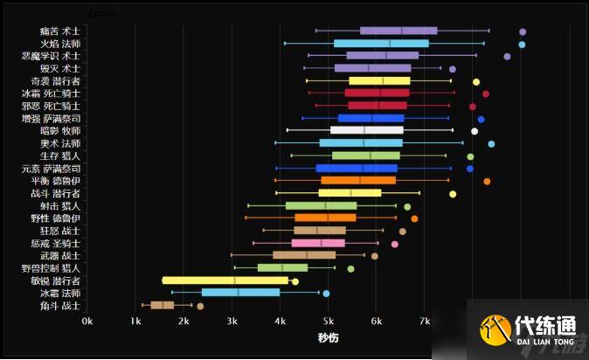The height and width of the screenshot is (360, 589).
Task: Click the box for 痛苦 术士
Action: (x=398, y=31)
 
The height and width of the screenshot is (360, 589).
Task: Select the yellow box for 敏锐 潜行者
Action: (x=225, y=280)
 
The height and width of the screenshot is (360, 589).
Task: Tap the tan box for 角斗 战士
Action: (x=163, y=305)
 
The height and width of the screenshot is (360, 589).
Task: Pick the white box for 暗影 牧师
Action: (x=366, y=130)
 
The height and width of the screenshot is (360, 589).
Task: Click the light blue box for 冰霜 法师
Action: (x=240, y=293)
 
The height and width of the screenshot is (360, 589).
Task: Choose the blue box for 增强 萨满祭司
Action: (x=371, y=118)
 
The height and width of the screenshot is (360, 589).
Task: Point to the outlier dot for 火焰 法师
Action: (x=522, y=44)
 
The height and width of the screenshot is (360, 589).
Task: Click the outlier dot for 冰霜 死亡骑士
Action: (x=486, y=93)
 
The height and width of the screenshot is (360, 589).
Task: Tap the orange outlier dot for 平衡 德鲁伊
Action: (x=487, y=181)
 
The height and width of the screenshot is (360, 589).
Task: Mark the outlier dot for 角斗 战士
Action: (x=200, y=306)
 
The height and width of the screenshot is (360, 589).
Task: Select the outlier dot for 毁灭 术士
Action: (x=452, y=69)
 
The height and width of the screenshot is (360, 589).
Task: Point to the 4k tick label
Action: (x=280, y=322)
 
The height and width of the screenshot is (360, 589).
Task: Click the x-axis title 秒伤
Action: (x=328, y=336)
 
